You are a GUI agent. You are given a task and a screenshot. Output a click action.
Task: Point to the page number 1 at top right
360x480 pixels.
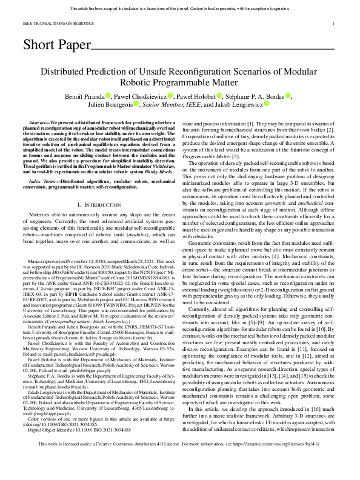coord(335,24)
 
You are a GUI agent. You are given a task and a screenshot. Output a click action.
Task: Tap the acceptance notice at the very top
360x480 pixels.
coord(179,9)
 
